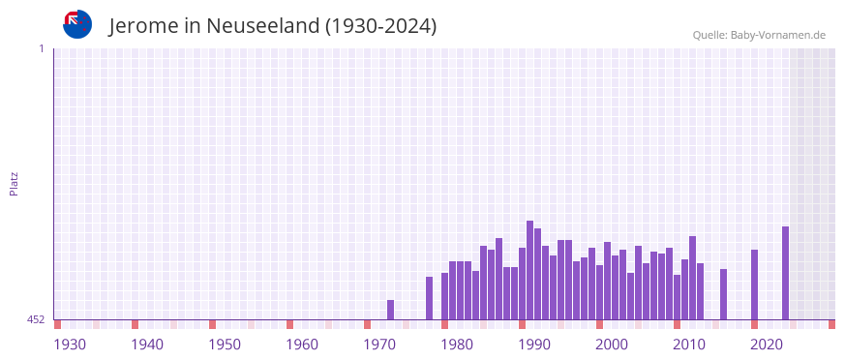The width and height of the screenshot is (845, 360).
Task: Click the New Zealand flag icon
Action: [77, 24]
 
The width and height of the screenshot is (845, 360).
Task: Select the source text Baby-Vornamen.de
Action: [777, 35]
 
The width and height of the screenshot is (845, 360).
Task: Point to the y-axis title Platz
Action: [14, 183]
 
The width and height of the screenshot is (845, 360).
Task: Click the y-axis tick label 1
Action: [41, 48]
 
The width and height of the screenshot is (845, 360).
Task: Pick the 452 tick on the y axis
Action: [36, 319]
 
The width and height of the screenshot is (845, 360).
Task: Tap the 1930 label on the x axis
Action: [70, 345]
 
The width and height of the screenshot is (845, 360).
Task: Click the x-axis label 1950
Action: [225, 345]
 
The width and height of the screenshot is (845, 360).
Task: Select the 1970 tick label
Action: [379, 345]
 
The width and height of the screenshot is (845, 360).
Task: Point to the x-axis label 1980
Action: [457, 345]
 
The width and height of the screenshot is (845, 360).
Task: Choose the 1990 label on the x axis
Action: [534, 345]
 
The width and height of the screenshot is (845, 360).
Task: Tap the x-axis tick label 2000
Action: [612, 345]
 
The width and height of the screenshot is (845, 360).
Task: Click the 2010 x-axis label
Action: [689, 345]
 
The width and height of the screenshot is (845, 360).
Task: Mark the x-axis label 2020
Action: [767, 345]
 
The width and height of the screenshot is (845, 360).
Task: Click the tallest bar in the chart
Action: [529, 270]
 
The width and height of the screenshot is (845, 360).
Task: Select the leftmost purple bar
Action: [390, 310]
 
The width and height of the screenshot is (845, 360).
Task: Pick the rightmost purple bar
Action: [785, 273]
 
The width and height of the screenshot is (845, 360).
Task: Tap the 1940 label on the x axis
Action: [147, 345]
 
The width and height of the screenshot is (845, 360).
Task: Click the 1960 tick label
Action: [302, 345]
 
